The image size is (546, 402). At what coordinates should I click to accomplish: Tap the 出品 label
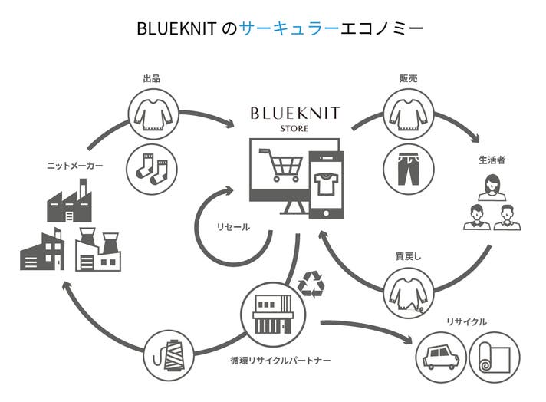pos(151,79)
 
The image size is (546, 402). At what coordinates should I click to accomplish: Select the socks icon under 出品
pos(151,164)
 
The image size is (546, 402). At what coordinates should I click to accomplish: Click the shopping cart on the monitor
pos(279,164)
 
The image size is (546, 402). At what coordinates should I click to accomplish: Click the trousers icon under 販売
pos(406,164)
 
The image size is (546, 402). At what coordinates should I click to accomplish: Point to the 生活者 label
pos(492,160)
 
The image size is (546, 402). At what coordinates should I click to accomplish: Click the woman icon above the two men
pos(491,186)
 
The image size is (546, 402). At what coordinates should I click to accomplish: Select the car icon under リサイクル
pos(440,355)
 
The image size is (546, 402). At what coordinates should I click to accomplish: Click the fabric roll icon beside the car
pos(493,355)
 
